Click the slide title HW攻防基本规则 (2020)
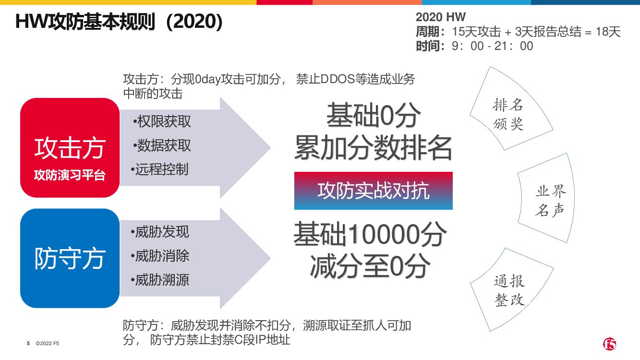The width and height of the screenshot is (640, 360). click(119, 22)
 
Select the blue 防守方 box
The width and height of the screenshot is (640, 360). click(70, 258)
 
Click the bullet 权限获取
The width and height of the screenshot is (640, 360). click(162, 121)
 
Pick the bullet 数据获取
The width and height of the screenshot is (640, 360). click(162, 145)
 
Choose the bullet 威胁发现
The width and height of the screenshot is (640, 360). click(160, 232)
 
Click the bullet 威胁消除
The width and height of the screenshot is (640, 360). click(160, 256)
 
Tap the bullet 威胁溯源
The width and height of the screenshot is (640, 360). click(160, 279)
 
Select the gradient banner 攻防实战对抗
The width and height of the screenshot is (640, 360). click(373, 191)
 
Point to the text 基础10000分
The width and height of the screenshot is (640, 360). click(370, 235)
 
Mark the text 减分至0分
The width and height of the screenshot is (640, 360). click(370, 266)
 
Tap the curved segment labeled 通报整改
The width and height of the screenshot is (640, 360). click(509, 290)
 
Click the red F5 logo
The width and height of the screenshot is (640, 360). click(609, 344)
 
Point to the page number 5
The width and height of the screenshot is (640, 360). click(28, 344)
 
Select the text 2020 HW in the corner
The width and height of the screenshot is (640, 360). click(440, 17)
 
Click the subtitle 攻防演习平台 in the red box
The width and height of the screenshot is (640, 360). click(70, 175)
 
